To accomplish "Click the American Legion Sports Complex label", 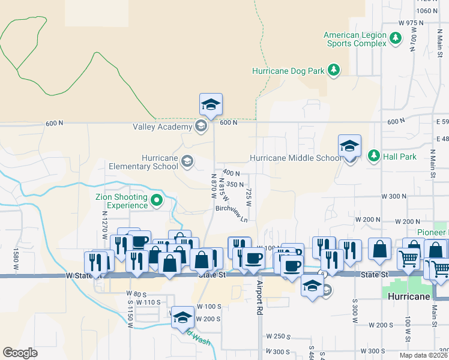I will (355, 39).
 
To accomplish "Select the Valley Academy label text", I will (161, 127).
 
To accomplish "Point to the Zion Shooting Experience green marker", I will (157, 200).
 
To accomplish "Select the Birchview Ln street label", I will (232, 214).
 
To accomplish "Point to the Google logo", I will (20, 353).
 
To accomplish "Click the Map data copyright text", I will (415, 355).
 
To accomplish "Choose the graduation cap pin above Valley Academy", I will (211, 104).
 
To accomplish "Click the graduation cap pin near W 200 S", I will (182, 317).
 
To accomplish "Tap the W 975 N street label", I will (402, 23).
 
